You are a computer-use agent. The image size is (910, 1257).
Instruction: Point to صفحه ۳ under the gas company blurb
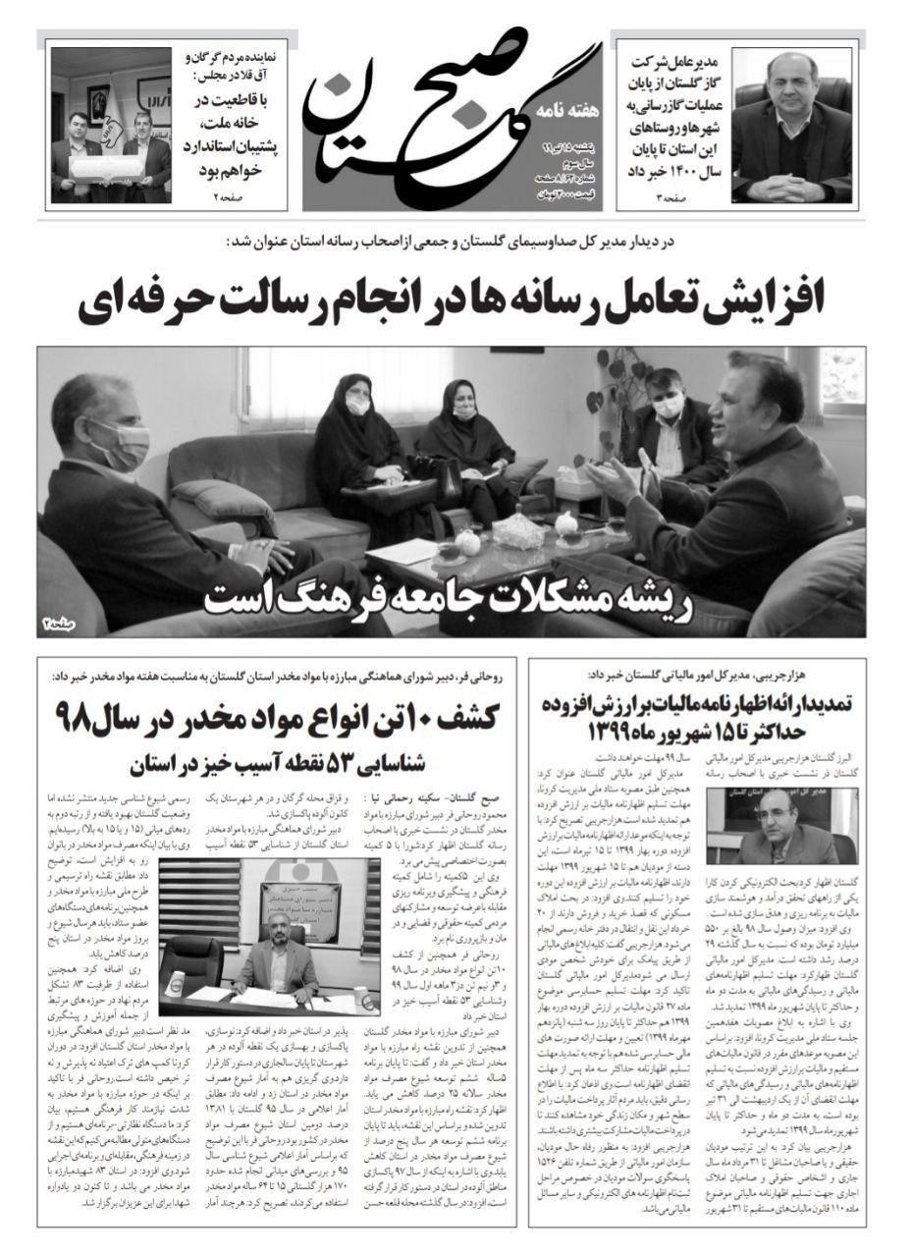coord(670,200)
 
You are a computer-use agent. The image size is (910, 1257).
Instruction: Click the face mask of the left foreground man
coord(123,448)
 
